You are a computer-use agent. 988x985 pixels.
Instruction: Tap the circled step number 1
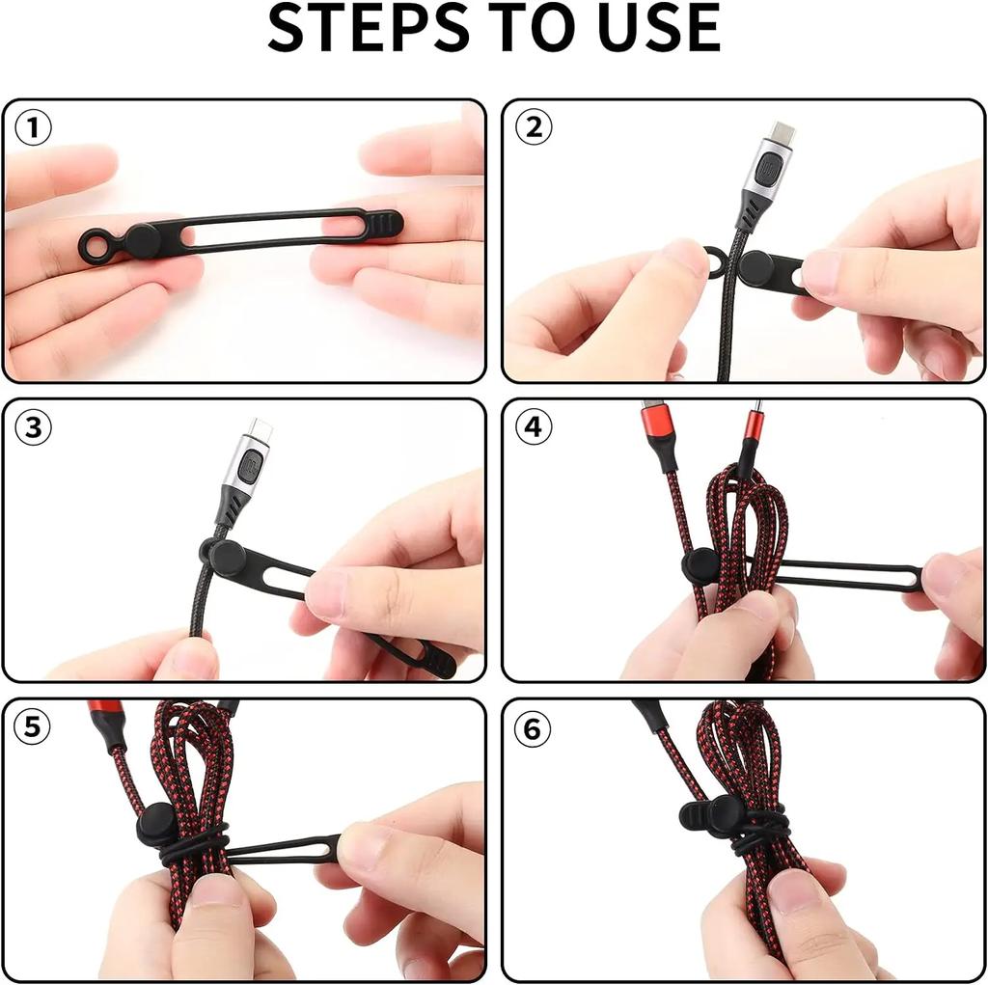pos(34,128)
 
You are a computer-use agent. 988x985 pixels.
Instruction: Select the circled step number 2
pos(533,127)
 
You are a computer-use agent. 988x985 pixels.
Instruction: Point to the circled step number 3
pos(34,427)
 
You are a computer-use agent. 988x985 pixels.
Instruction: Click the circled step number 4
pos(533,427)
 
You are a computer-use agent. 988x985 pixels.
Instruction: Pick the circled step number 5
pos(34,727)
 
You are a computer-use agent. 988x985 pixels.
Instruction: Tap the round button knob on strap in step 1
pos(143,241)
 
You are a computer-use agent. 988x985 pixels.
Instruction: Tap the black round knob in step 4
pos(699,566)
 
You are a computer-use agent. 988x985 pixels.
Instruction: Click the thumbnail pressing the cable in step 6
pos(792,891)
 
